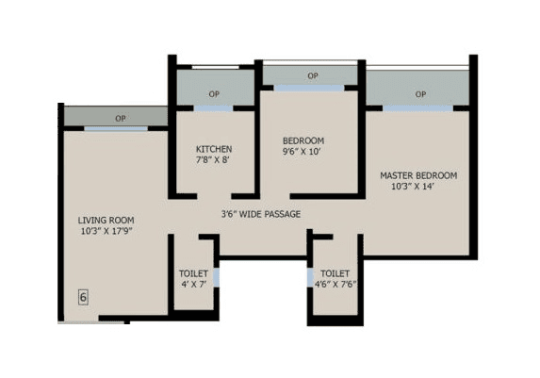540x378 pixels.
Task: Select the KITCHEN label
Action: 214,149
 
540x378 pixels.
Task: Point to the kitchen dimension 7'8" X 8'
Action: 214,160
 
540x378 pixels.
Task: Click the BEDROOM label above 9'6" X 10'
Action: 303,141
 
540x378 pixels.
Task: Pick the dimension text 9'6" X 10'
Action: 303,153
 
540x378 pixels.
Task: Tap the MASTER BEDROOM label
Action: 418,175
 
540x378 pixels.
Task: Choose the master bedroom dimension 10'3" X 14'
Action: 418,187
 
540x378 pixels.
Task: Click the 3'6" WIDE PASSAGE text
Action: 261,214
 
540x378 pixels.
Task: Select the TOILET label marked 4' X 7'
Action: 193,273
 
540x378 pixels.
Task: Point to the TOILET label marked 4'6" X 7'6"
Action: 335,273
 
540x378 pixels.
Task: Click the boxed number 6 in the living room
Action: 83,298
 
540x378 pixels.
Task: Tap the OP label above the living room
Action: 120,118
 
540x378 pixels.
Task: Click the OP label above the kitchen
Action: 214,94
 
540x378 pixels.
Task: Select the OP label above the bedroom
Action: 312,76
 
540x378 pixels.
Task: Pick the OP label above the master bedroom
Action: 419,93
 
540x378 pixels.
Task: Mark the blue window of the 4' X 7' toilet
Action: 216,277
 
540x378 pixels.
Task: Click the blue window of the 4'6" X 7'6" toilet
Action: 312,277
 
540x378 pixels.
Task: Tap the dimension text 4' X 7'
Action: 193,284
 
